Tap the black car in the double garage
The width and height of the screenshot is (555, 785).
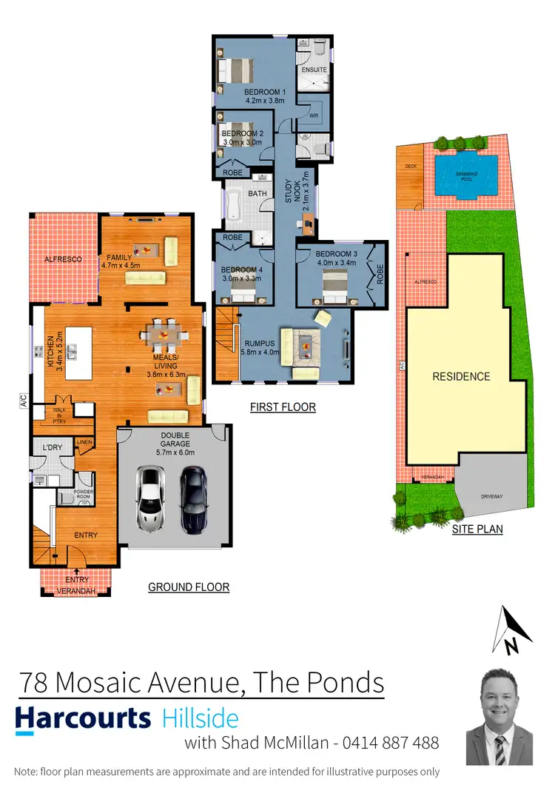point(195,498)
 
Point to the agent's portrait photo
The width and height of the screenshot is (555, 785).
point(499,716)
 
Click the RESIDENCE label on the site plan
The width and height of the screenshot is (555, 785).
point(461,376)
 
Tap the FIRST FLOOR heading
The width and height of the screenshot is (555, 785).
point(283,407)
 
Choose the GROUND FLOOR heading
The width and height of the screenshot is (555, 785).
point(189,587)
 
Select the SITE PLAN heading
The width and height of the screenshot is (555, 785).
point(477,530)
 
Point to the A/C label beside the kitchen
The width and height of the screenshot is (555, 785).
point(23,401)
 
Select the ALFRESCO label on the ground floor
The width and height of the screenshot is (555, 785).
point(61,259)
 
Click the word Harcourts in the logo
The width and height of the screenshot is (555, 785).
point(83,718)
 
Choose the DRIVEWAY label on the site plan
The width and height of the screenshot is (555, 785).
point(491,496)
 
